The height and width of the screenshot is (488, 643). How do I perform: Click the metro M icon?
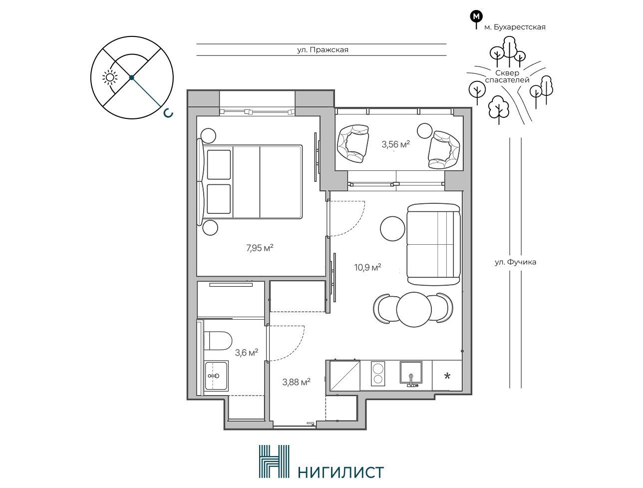coord(477,16)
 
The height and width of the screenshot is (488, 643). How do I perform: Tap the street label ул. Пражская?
coord(322,50)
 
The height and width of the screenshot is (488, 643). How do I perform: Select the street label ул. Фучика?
coord(515,262)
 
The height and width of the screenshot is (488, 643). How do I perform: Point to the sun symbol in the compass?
coord(110,77)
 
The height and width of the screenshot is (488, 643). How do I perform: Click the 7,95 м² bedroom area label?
coord(260,248)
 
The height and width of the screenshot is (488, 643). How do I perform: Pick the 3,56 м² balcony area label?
coord(395,144)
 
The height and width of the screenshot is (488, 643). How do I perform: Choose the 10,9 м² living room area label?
coord(367,267)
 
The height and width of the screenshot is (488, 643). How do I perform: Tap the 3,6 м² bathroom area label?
coord(246,352)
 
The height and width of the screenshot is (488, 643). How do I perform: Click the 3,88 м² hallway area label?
coord(296,382)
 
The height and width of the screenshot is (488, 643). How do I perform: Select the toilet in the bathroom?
coord(218,341)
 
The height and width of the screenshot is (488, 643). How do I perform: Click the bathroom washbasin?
coord(216,376)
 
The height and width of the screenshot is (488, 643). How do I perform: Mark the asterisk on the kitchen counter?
coord(447,376)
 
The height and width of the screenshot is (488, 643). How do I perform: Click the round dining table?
coord(414,310)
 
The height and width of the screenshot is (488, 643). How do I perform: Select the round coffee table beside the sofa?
coord(393,229)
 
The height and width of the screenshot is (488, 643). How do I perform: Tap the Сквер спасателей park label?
coord(507,76)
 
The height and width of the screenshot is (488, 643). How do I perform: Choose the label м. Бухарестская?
coord(515,27)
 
